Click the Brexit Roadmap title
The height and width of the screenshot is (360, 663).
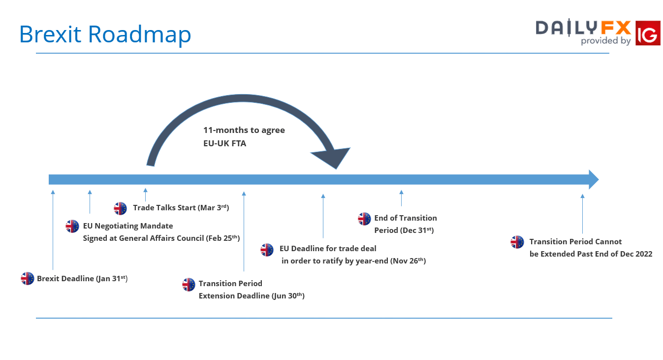click(x=105, y=34)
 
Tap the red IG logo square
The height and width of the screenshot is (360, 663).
click(x=648, y=33)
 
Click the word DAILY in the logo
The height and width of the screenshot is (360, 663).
click(x=567, y=28)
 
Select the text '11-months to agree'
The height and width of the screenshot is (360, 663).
click(x=244, y=131)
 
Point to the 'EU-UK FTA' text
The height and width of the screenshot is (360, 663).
click(x=224, y=143)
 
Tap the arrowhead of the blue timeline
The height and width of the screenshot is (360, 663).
click(x=594, y=179)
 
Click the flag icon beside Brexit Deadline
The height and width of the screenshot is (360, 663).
click(x=27, y=278)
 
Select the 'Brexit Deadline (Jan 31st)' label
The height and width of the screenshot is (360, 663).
click(x=82, y=279)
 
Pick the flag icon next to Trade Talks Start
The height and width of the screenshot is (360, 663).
click(x=120, y=208)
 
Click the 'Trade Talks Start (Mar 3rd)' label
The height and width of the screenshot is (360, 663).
click(x=181, y=207)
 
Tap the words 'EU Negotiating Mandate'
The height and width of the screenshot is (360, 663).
click(x=128, y=226)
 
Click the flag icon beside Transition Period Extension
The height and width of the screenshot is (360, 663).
click(x=189, y=285)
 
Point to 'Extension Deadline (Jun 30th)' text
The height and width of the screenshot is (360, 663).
click(x=252, y=296)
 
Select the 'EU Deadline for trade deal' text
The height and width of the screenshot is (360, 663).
click(x=328, y=248)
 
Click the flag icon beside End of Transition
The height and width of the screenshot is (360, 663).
click(x=364, y=219)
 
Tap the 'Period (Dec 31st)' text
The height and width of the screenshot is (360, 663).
click(x=404, y=230)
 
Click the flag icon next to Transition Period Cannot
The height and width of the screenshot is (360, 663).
click(x=517, y=242)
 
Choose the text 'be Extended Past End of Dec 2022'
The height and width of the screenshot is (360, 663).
click(x=591, y=254)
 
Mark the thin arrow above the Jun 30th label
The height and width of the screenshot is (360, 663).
click(x=244, y=231)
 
